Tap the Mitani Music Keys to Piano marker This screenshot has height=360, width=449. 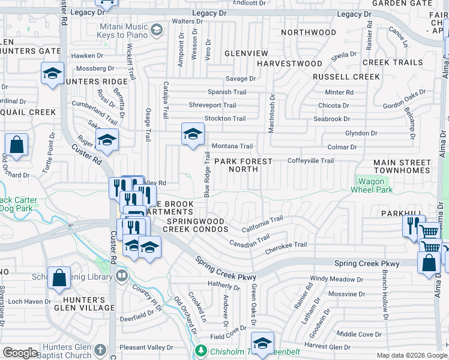[156, 29]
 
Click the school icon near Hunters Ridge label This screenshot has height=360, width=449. [53, 74]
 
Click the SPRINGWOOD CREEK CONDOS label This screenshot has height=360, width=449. [195, 225]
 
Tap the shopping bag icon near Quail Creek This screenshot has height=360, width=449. [16, 145]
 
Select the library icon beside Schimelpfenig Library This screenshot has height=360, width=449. [122, 275]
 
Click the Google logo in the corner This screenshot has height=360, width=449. [20, 353]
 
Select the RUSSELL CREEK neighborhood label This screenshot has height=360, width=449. [346, 77]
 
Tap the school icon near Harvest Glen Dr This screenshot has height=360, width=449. [262, 343]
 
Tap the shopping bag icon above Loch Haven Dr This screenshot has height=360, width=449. [58, 278]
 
